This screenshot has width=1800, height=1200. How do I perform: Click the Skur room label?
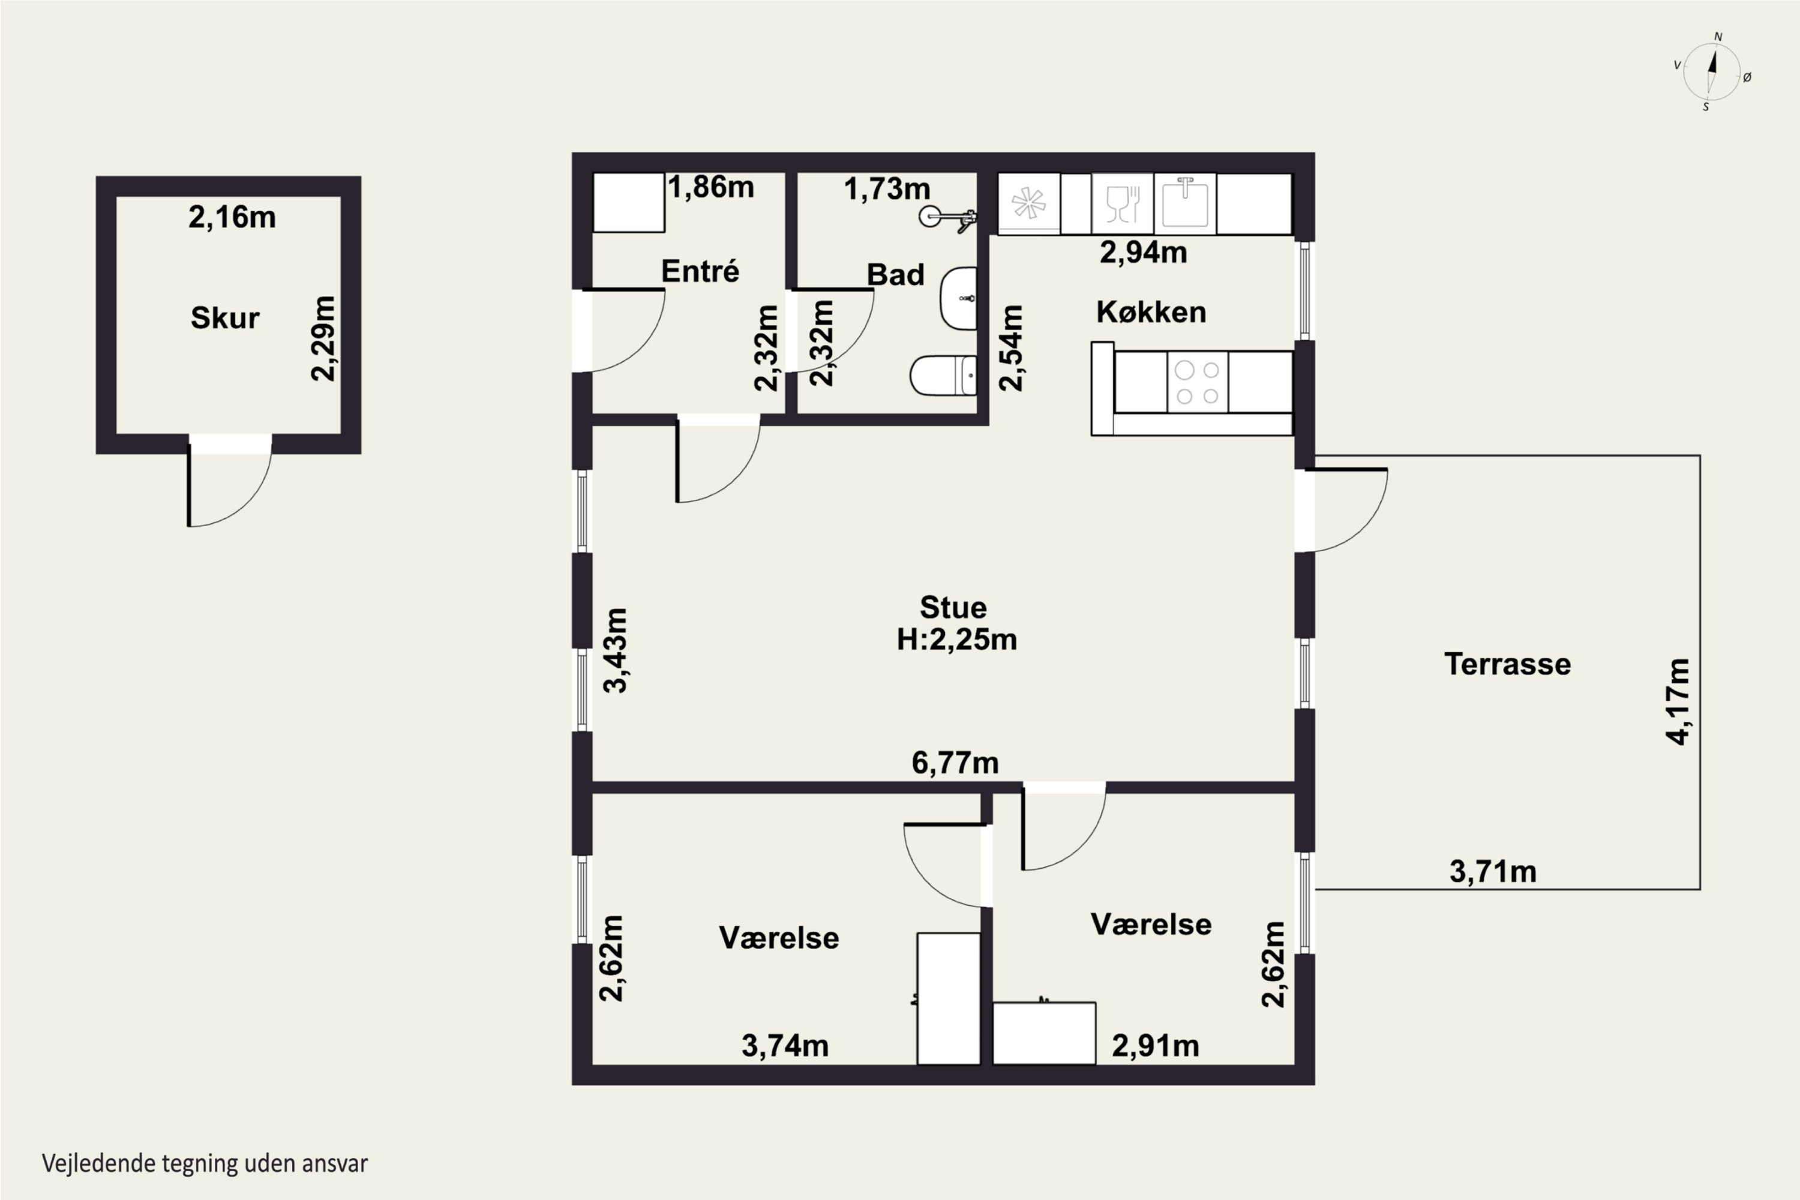point(225,317)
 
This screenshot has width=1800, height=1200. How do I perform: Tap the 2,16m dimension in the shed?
point(232,217)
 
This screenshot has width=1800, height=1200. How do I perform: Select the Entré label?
point(700,271)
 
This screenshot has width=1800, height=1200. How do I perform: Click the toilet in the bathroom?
point(943,376)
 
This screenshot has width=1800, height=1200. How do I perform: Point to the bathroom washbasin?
point(958,298)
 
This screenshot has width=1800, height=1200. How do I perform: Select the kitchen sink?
point(1184,203)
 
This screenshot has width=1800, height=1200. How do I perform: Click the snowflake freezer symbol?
point(1028,203)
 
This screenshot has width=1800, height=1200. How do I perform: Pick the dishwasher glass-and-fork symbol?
point(1123,203)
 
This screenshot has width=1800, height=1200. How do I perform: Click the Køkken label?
point(1151,311)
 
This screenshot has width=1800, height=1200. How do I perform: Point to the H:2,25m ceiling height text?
point(956,640)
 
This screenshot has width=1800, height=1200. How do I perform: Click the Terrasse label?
point(1508,664)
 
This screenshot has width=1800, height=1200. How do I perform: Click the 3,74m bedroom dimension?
point(785,1045)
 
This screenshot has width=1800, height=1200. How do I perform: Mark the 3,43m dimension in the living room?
point(616,650)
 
